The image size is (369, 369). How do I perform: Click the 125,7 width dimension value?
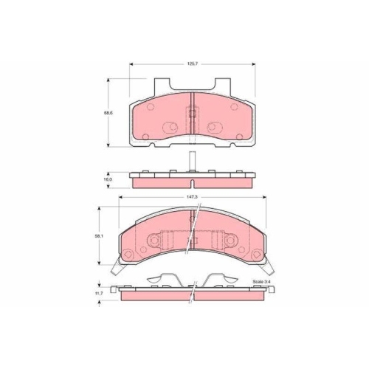tap(191, 64)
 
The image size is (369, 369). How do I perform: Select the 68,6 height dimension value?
tap(107, 113)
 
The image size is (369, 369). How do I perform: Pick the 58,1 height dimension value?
tap(98, 236)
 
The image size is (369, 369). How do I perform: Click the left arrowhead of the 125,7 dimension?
tap(131, 64)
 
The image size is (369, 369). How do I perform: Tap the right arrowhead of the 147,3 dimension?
tap(264, 197)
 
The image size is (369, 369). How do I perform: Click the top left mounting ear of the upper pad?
tap(162, 85)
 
